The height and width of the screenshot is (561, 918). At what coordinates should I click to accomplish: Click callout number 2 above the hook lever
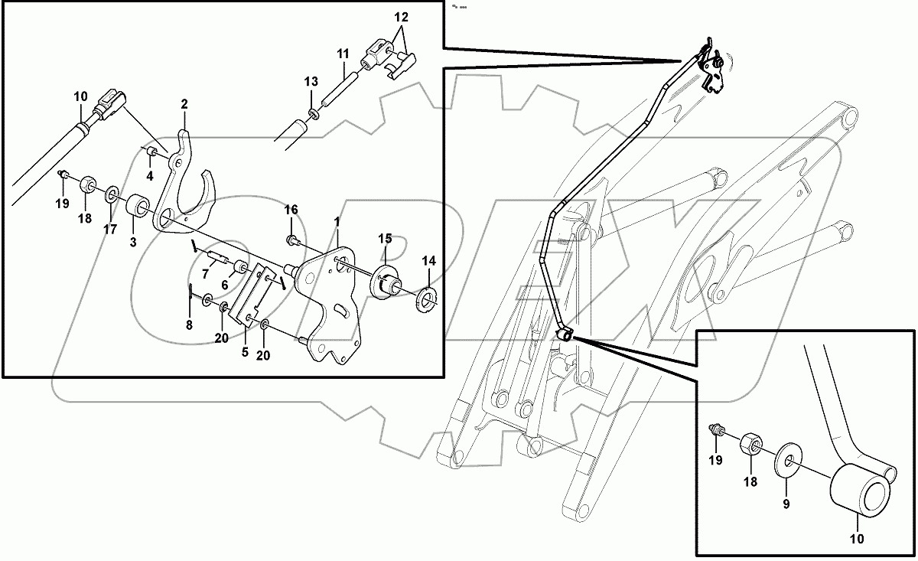184,103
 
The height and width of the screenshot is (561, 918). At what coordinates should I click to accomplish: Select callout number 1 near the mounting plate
336,221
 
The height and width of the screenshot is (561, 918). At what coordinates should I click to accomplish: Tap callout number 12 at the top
402,16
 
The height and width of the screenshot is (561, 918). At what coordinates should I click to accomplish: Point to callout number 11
343,54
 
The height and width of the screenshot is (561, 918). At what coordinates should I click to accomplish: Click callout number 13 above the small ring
310,82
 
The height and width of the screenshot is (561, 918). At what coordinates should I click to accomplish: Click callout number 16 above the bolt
291,209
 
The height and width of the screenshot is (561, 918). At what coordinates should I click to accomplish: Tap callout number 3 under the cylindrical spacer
132,243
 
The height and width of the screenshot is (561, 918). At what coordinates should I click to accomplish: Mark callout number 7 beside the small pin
206,273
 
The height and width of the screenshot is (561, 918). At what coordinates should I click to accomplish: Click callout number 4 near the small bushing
150,175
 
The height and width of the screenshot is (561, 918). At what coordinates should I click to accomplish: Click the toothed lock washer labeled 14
427,295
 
